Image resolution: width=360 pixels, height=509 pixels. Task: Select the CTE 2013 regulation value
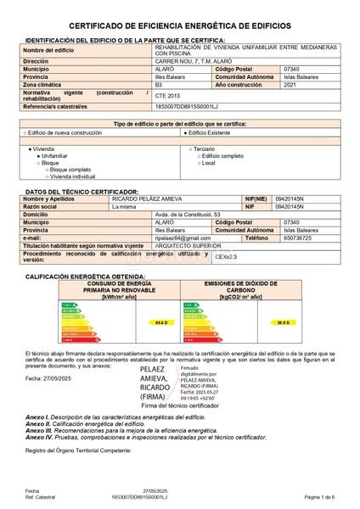point(168,97)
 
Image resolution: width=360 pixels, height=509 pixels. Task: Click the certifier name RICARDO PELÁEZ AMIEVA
point(150,199)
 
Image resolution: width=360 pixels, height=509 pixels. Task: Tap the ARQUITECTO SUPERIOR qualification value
point(187,245)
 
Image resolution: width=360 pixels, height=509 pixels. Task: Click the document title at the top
point(179,27)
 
